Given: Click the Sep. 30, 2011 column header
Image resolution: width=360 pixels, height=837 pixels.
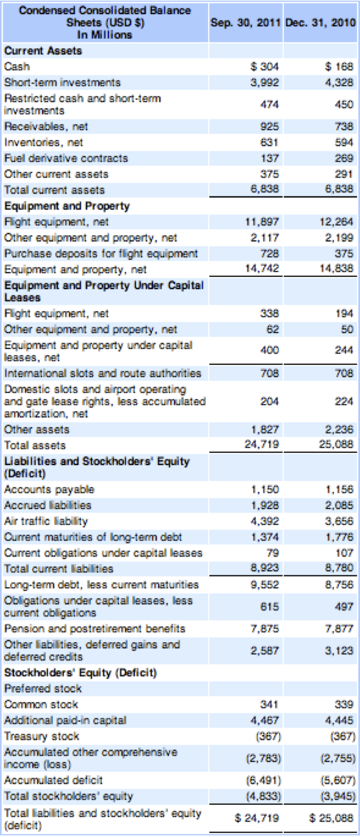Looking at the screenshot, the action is [245, 22].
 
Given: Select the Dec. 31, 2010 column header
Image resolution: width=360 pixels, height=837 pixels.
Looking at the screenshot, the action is [320, 22].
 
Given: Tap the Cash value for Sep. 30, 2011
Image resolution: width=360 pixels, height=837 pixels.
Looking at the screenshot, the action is [265, 66].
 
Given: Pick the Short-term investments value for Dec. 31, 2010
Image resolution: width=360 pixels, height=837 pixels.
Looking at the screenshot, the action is [339, 82].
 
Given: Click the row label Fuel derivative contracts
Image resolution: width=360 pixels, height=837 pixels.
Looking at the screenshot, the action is [66, 158].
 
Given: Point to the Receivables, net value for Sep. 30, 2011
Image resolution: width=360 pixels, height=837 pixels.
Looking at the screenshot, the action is [269, 126].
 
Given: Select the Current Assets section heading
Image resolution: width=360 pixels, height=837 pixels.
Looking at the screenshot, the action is [43, 50].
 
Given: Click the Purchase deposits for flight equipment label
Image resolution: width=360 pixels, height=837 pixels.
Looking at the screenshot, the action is [101, 253].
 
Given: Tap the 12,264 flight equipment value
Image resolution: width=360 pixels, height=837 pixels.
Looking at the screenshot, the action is [336, 222].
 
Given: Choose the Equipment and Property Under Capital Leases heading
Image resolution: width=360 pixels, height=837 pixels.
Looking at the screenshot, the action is [104, 292].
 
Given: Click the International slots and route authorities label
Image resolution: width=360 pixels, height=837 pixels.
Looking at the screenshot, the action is [103, 373].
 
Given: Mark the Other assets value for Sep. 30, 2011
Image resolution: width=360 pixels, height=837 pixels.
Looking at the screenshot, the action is [265, 429].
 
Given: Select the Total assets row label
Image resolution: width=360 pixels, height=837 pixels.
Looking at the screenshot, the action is [35, 445].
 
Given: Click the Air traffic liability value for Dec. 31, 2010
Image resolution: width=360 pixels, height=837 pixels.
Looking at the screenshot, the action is [339, 521].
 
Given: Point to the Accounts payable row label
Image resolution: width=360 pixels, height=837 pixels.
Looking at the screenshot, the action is [49, 489].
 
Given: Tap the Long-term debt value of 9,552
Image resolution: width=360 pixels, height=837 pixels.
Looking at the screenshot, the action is [265, 584].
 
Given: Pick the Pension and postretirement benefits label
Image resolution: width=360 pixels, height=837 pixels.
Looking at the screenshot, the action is [94, 629].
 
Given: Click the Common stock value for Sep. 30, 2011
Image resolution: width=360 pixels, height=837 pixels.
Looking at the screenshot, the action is [269, 704].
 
